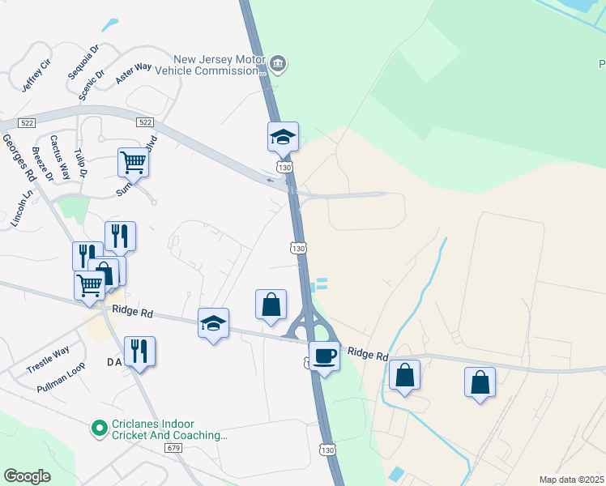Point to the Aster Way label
click(x=134, y=70)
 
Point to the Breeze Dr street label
click(x=41, y=164)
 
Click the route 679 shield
click(x=173, y=447)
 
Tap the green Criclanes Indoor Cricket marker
click(x=100, y=426)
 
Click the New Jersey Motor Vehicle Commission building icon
click(x=278, y=63)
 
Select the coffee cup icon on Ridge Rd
click(x=324, y=355)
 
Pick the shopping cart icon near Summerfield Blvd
click(x=133, y=161)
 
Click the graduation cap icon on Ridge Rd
click(x=213, y=322)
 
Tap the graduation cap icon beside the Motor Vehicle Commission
click(x=284, y=136)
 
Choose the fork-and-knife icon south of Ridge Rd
click(x=139, y=351)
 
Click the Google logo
click(x=27, y=475)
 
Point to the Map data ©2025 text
click(x=571, y=480)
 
